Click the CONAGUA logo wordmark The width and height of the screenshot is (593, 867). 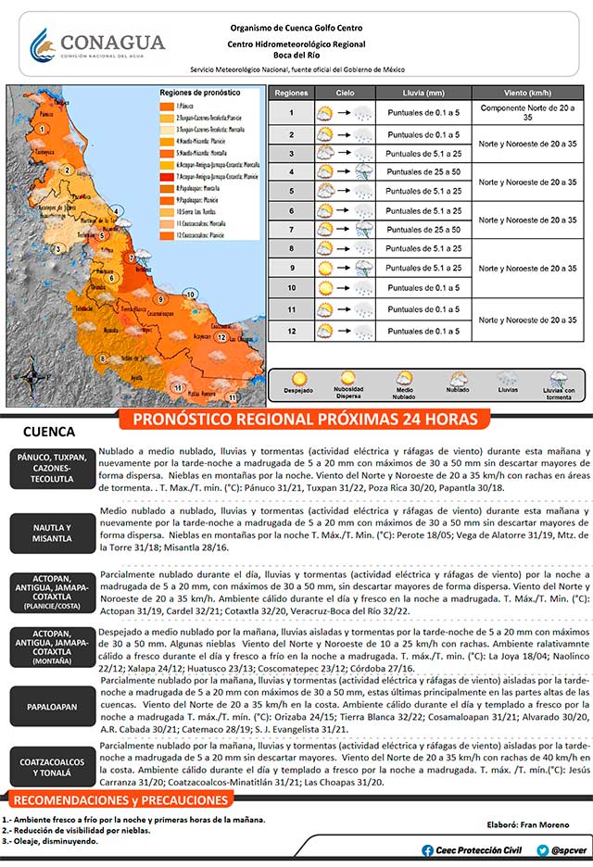tap(111, 44)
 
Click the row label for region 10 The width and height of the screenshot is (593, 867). tap(291, 288)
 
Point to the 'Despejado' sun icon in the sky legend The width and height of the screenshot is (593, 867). tap(299, 381)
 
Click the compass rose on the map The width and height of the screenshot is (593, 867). tap(33, 381)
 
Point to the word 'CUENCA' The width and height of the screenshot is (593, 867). tap(48, 433)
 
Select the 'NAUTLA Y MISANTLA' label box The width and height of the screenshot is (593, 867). tap(48, 533)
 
